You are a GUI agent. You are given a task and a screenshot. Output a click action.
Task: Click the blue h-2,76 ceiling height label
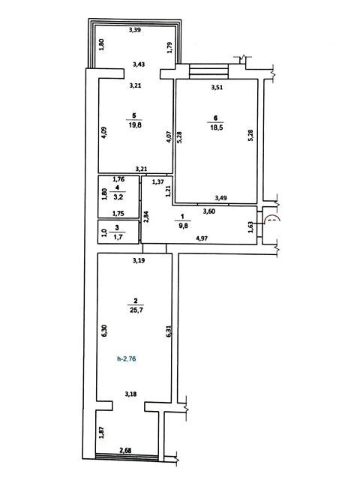pyautogui.click(x=127, y=358)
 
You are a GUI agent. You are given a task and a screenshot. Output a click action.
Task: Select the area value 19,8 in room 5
pyautogui.click(x=135, y=124)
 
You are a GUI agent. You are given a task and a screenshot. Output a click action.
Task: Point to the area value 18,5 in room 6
pyautogui.click(x=216, y=127)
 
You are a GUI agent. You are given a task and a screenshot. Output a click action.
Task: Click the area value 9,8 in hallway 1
pyautogui.click(x=183, y=226)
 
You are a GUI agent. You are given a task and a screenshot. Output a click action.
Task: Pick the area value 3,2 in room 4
pyautogui.click(x=118, y=197)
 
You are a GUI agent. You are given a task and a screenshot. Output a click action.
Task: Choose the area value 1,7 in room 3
pyautogui.click(x=118, y=236)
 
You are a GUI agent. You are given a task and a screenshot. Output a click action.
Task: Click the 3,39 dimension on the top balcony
pyautogui.click(x=135, y=30)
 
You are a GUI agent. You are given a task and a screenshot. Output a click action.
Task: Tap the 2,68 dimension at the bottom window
pyautogui.click(x=125, y=450)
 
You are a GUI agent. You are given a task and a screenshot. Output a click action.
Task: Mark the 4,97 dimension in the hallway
pyautogui.click(x=202, y=238)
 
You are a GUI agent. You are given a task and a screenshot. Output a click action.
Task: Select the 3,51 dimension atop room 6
pyautogui.click(x=217, y=87)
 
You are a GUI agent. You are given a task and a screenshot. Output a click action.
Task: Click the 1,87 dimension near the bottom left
pyautogui.click(x=102, y=433)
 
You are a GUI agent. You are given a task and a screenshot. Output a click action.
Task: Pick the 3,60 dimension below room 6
pyautogui.click(x=209, y=211)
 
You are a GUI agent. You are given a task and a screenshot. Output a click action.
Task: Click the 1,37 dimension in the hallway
pyautogui.click(x=158, y=182)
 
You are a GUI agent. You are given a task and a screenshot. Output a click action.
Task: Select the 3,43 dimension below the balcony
pyautogui.click(x=139, y=64)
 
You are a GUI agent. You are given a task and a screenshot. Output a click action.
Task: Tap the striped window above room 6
pyautogui.click(x=208, y=71)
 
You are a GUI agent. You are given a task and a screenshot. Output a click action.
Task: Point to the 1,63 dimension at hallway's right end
pyautogui.click(x=250, y=227)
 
